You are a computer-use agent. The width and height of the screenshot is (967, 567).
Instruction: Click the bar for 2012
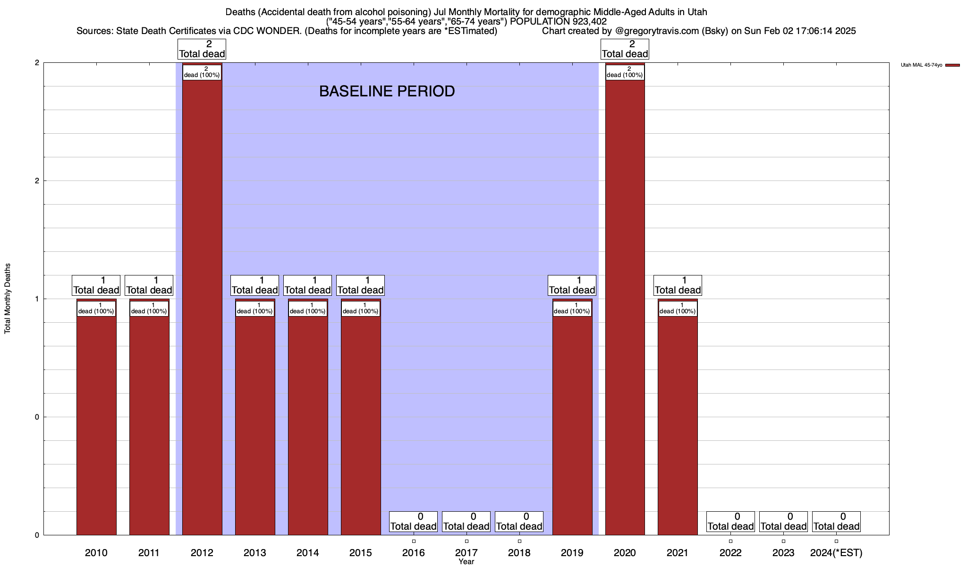202,307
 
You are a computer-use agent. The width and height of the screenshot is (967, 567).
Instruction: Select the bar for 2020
625,307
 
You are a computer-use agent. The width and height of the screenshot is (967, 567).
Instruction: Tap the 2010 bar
96,425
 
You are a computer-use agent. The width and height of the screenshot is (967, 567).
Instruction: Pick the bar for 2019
572,425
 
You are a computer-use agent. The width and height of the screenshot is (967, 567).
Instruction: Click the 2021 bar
678,425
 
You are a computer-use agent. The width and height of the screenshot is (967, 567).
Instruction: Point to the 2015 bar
361,425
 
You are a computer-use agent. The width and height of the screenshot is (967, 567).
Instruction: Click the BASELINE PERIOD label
387,91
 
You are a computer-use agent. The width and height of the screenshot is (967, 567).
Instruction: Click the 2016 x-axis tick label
414,553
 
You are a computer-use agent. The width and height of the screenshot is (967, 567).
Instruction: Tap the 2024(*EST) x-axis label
836,553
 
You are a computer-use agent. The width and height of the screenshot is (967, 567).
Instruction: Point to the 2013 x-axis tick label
255,553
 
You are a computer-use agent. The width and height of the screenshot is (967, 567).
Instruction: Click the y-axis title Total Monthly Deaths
8,299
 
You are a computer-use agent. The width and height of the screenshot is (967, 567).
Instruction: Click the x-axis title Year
467,562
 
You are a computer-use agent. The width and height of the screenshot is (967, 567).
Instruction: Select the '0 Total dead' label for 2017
467,522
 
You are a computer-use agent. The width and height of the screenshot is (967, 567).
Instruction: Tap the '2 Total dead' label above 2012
202,49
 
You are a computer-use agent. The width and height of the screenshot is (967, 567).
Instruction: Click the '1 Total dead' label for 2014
308,285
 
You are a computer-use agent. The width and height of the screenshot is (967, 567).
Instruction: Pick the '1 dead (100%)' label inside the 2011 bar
149,309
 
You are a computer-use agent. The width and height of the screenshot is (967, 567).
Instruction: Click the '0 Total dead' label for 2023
783,522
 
